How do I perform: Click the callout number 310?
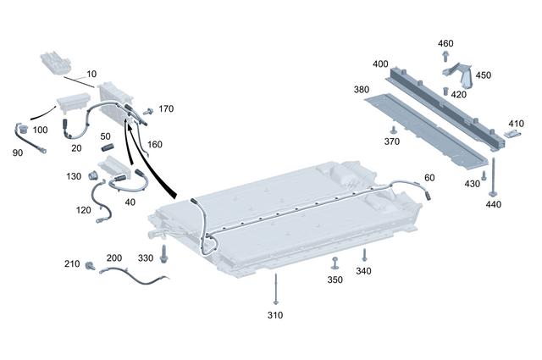click(274, 315)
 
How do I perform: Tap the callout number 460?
click(445, 43)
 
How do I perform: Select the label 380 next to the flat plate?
click(338, 89)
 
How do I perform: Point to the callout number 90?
click(17, 152)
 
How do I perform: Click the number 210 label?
click(71, 263)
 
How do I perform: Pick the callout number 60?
click(429, 178)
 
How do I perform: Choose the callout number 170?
click(165, 108)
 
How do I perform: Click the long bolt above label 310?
click(274, 287)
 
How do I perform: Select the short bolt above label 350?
click(335, 262)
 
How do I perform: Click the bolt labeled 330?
click(163, 252)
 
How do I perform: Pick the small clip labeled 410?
click(513, 132)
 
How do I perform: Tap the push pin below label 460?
click(445, 57)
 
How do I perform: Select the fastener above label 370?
click(392, 128)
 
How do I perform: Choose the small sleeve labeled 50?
click(108, 149)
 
